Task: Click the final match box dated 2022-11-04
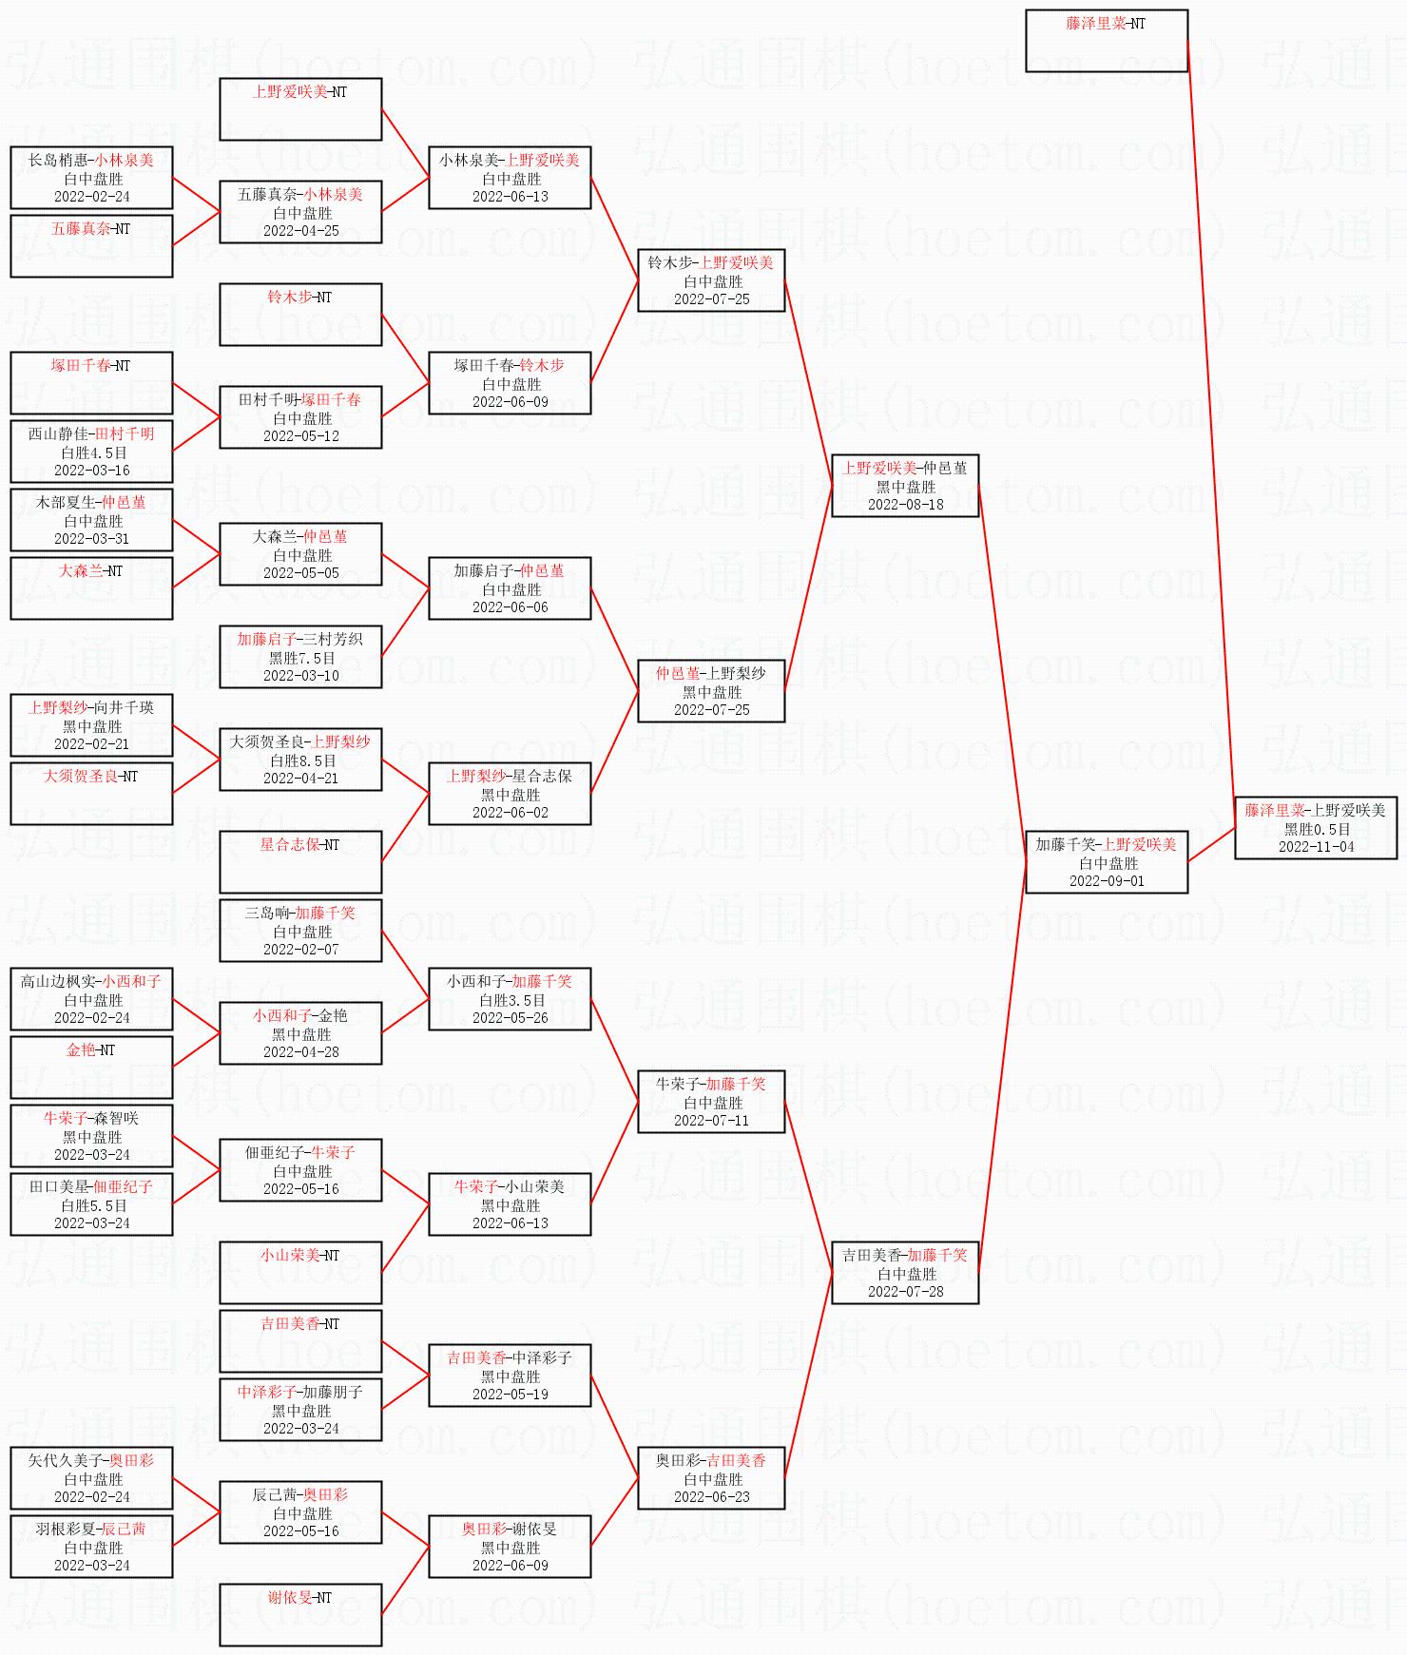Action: click(x=1315, y=828)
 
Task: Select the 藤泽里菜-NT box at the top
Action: click(x=1107, y=41)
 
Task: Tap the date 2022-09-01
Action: click(x=1107, y=881)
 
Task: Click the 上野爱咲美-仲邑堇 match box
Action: click(x=905, y=486)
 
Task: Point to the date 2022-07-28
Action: click(x=905, y=1292)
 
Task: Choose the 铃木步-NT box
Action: click(x=300, y=315)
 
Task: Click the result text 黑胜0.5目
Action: click(x=1317, y=829)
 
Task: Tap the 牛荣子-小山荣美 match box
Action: click(x=510, y=1204)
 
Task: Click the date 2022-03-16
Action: click(x=92, y=471)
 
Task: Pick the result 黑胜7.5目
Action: click(x=301, y=658)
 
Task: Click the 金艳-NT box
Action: click(x=91, y=1068)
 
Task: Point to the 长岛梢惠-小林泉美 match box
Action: click(x=91, y=178)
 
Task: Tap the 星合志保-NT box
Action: click(x=300, y=862)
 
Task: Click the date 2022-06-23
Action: click(x=712, y=1497)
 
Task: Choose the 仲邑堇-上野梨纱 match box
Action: click(x=711, y=691)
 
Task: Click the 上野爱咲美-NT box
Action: click(x=300, y=109)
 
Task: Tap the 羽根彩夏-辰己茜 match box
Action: click(x=91, y=1547)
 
